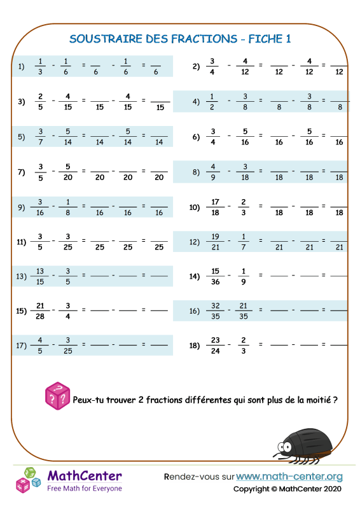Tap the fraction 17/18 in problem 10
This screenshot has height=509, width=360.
[x=213, y=206]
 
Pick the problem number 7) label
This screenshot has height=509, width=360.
[x=21, y=172]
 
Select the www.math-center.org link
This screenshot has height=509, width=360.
[x=289, y=476]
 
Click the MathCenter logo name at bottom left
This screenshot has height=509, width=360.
[x=85, y=476]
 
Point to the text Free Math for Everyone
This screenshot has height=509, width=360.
[x=85, y=488]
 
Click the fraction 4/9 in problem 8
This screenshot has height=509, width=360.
[x=213, y=172]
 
